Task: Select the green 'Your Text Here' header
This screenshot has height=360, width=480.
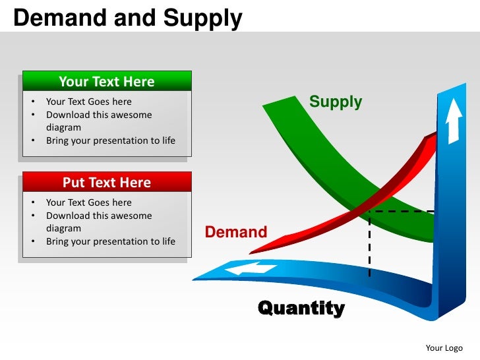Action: click(107, 82)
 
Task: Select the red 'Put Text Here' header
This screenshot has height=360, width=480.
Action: click(107, 183)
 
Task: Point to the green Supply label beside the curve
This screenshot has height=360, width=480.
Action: click(336, 102)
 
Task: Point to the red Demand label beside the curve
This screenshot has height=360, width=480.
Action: click(236, 232)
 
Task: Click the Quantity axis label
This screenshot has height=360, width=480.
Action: click(301, 308)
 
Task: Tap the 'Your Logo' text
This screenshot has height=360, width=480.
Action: click(444, 348)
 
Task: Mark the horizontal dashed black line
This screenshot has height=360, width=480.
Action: click(402, 212)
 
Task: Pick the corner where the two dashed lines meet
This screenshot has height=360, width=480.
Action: click(370, 212)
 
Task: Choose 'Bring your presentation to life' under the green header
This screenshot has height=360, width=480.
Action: click(110, 140)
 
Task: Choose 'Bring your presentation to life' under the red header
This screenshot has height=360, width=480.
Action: click(110, 241)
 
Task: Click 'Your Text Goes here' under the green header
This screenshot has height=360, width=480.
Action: click(88, 102)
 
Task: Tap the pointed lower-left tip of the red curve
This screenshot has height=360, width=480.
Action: click(252, 253)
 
